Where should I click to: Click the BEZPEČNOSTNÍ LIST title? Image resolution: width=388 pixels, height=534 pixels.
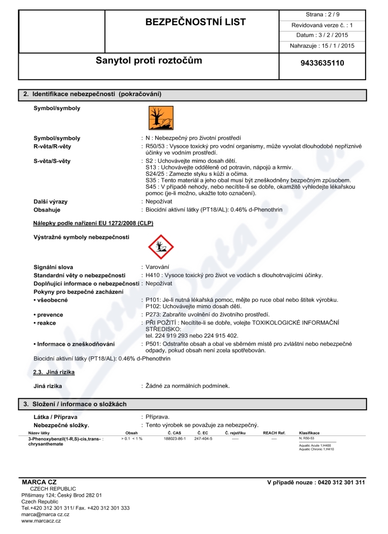[195, 22]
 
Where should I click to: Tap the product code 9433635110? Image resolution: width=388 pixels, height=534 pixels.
[323, 63]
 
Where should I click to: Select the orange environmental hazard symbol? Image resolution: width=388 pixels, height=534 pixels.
[161, 118]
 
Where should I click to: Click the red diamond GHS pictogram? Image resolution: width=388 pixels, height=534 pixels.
[160, 247]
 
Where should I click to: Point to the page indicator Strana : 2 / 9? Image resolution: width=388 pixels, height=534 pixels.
[323, 14]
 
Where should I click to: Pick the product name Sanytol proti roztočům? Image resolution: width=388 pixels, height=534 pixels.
[149, 61]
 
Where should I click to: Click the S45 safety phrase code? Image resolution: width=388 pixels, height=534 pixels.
[151, 187]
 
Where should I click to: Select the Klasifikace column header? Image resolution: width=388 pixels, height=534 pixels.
[309, 433]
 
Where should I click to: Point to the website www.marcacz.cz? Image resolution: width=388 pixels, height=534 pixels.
[41, 521]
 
